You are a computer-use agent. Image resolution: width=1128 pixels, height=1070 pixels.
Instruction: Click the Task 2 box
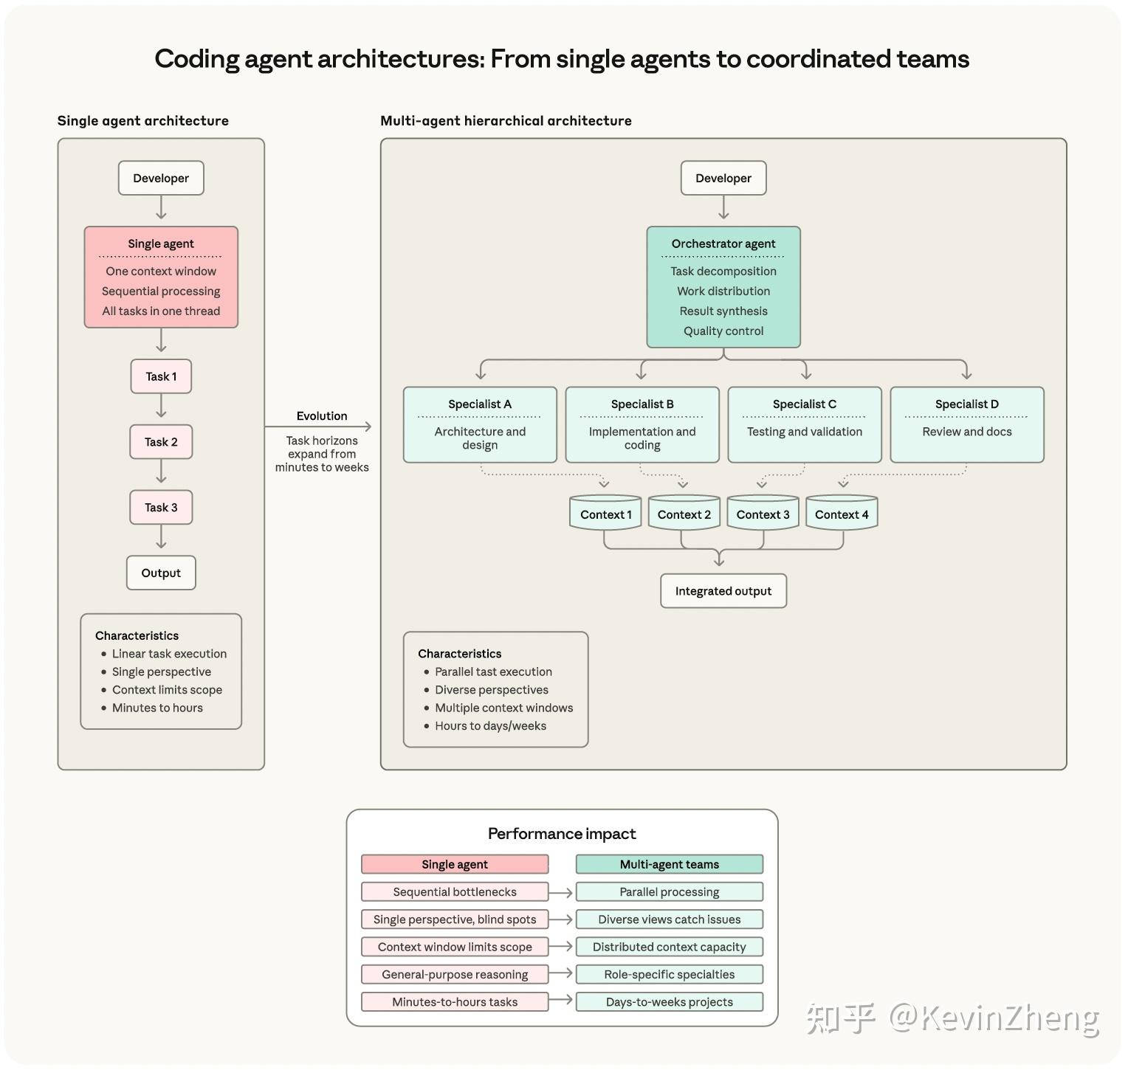click(x=161, y=442)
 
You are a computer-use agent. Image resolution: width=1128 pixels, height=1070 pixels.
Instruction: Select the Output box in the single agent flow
click(x=161, y=573)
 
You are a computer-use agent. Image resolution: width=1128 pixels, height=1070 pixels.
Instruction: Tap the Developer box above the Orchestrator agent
click(x=723, y=178)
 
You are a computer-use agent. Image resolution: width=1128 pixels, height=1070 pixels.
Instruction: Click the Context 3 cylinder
click(x=763, y=514)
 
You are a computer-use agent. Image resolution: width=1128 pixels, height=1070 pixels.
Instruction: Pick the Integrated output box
click(x=723, y=591)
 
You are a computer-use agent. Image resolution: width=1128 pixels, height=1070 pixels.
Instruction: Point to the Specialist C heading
click(x=804, y=404)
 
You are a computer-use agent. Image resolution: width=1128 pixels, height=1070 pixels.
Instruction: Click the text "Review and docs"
click(x=966, y=432)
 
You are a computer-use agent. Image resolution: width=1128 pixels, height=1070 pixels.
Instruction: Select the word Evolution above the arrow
click(x=321, y=415)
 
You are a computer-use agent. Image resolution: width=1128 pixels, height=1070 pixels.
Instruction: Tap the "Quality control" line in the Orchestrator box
click(x=723, y=331)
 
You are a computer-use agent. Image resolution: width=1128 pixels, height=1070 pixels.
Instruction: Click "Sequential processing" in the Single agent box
click(x=161, y=291)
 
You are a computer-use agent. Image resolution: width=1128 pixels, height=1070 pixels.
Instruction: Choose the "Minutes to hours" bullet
click(x=157, y=708)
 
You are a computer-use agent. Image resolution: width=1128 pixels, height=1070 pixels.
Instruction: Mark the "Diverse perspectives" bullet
click(x=492, y=690)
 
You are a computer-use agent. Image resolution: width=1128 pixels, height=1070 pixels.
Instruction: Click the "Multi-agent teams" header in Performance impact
click(x=669, y=864)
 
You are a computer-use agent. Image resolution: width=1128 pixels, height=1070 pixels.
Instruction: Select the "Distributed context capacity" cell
click(x=669, y=947)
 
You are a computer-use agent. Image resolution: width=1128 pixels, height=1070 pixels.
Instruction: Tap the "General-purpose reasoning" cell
click(x=455, y=974)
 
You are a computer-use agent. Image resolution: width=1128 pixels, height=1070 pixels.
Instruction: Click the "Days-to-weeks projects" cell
click(x=669, y=1001)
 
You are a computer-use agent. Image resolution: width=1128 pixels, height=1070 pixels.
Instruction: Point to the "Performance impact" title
click(x=562, y=834)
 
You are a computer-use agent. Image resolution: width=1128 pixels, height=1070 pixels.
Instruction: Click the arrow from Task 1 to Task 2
click(x=161, y=407)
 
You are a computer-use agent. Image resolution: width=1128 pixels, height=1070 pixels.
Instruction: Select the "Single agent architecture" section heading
click(x=143, y=121)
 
